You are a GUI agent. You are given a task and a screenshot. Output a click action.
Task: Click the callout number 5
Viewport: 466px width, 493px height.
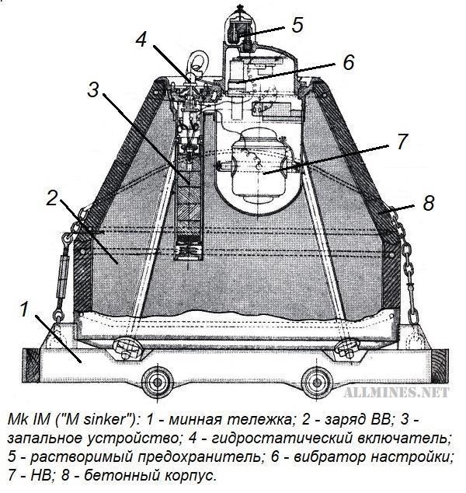coord(297,25)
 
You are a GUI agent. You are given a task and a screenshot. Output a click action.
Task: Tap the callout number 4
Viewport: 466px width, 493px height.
coord(141,40)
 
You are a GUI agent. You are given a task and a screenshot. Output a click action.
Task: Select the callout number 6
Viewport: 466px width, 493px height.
coord(348,62)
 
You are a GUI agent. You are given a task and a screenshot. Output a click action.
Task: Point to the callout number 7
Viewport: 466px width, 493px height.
coord(402,142)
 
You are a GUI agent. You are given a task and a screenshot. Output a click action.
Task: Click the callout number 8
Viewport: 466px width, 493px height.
coord(428,202)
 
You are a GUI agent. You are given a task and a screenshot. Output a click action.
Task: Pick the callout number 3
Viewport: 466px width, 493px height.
coord(93,89)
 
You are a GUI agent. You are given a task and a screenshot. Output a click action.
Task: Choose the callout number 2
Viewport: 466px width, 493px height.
coord(52,198)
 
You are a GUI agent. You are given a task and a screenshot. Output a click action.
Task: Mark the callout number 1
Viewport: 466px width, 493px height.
coord(25,309)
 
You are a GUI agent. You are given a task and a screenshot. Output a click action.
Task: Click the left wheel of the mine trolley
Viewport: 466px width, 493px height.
coord(158,383)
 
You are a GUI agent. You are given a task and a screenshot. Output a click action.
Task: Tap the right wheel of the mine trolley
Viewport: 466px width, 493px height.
coord(317,383)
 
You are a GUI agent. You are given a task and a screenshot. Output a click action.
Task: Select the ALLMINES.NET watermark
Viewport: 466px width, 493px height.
coord(396,392)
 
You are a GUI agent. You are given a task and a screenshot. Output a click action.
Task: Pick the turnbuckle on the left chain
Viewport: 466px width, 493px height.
coord(63,276)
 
